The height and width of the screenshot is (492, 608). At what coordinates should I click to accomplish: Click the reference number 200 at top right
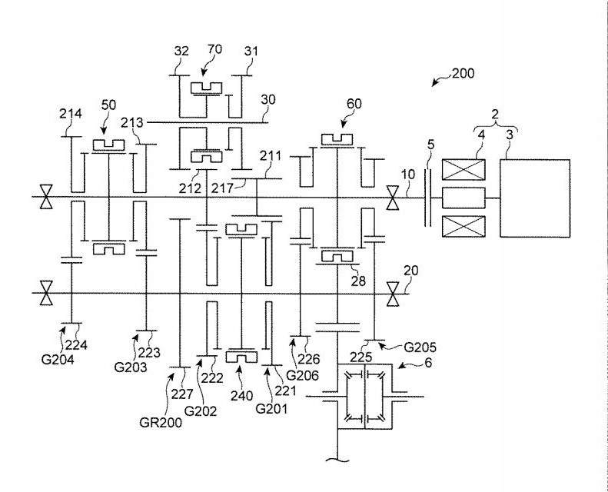(463, 73)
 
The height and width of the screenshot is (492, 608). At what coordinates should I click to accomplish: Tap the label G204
(58, 360)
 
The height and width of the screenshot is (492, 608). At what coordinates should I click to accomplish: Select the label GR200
(161, 422)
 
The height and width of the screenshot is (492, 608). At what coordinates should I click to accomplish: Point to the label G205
(420, 347)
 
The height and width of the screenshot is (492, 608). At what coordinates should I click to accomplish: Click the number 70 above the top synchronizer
(214, 49)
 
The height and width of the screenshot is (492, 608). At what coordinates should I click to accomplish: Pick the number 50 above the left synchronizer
(108, 105)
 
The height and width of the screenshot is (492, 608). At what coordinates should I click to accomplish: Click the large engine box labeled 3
(535, 198)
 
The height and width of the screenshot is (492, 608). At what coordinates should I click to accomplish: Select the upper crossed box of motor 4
(463, 169)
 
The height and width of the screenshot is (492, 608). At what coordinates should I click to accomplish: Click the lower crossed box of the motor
(463, 226)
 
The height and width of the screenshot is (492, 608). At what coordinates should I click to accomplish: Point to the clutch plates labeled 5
(427, 197)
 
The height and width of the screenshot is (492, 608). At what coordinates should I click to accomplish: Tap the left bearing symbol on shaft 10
(46, 197)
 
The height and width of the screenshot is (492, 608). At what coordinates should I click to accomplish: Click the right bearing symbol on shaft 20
(393, 294)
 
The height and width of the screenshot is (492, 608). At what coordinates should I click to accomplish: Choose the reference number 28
(358, 281)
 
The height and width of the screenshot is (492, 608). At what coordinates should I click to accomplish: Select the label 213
(132, 123)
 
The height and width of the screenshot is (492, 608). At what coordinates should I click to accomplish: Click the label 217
(222, 188)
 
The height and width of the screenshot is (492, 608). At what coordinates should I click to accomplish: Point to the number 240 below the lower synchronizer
(241, 395)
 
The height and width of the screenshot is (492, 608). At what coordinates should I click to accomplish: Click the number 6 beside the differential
(427, 363)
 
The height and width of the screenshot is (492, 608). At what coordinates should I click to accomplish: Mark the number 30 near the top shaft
(268, 100)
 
